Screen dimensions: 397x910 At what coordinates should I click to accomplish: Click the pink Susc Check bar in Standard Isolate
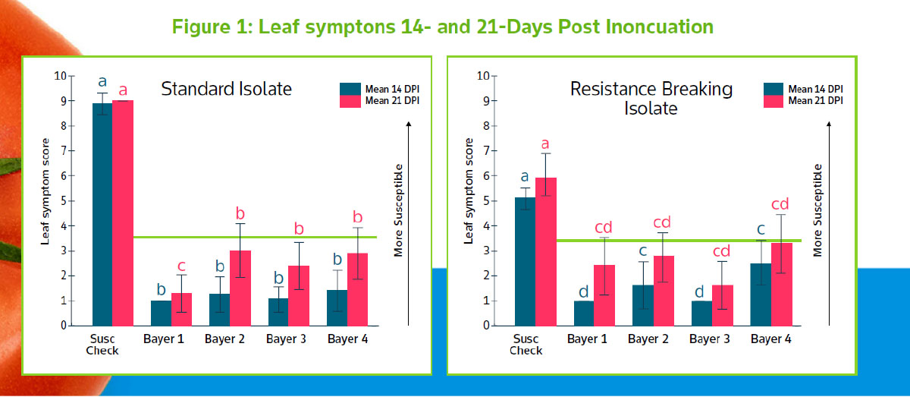click(x=122, y=213)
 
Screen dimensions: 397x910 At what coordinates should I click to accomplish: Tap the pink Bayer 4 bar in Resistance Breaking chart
click(x=782, y=284)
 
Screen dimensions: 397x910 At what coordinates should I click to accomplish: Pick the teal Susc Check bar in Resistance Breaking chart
click(x=525, y=261)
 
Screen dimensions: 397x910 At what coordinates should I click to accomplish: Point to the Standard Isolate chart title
click(x=226, y=89)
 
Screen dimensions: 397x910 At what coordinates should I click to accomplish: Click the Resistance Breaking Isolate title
click(x=651, y=99)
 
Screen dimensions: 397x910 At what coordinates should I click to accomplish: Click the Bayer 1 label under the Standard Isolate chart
click(x=164, y=339)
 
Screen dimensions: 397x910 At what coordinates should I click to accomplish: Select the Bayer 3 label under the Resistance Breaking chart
click(x=710, y=339)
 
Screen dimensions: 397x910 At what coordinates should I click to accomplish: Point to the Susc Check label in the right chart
click(x=526, y=344)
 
